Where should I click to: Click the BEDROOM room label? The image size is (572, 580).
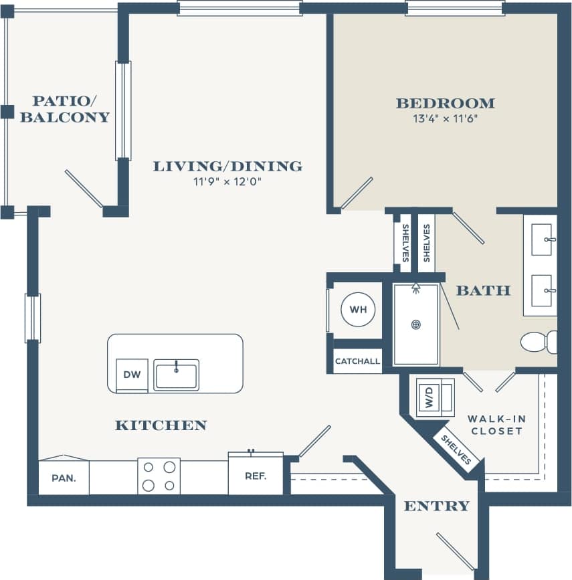tap(445, 104)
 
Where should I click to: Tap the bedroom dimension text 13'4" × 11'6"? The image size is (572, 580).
tap(445, 120)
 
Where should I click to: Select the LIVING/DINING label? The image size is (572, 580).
tap(227, 166)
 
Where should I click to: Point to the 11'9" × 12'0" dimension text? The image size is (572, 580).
tap(227, 181)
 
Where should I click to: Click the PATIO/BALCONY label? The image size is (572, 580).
tap(64, 109)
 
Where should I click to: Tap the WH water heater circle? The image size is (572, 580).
tap(358, 310)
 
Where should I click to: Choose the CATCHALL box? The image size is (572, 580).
tap(357, 361)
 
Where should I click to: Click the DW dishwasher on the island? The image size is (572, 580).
tap(132, 375)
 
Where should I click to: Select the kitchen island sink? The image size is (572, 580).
tap(176, 374)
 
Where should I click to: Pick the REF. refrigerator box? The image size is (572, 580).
tap(256, 476)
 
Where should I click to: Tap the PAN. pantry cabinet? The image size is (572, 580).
tap(64, 478)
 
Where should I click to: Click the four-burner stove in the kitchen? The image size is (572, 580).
tap(159, 476)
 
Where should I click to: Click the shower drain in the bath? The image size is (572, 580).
tap(416, 325)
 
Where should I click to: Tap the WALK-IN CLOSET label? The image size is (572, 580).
tap(496, 425)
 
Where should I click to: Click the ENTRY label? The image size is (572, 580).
tap(436, 506)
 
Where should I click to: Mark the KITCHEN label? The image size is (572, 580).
tap(161, 425)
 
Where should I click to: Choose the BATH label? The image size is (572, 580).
tap(483, 290)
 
